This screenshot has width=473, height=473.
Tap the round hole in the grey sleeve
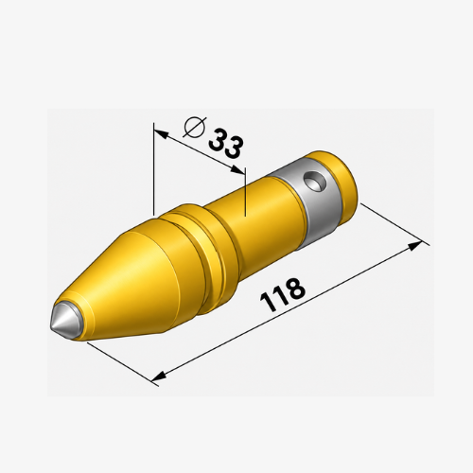tap(315, 183)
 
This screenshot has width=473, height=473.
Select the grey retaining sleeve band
tap(310, 201)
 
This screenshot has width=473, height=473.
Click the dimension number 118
tap(282, 295)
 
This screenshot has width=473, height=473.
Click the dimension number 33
tap(226, 144)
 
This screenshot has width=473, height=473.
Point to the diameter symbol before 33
tap(195, 127)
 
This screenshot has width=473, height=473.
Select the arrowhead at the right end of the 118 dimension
tap(414, 246)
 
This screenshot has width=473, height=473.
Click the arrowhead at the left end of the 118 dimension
tap(159, 376)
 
